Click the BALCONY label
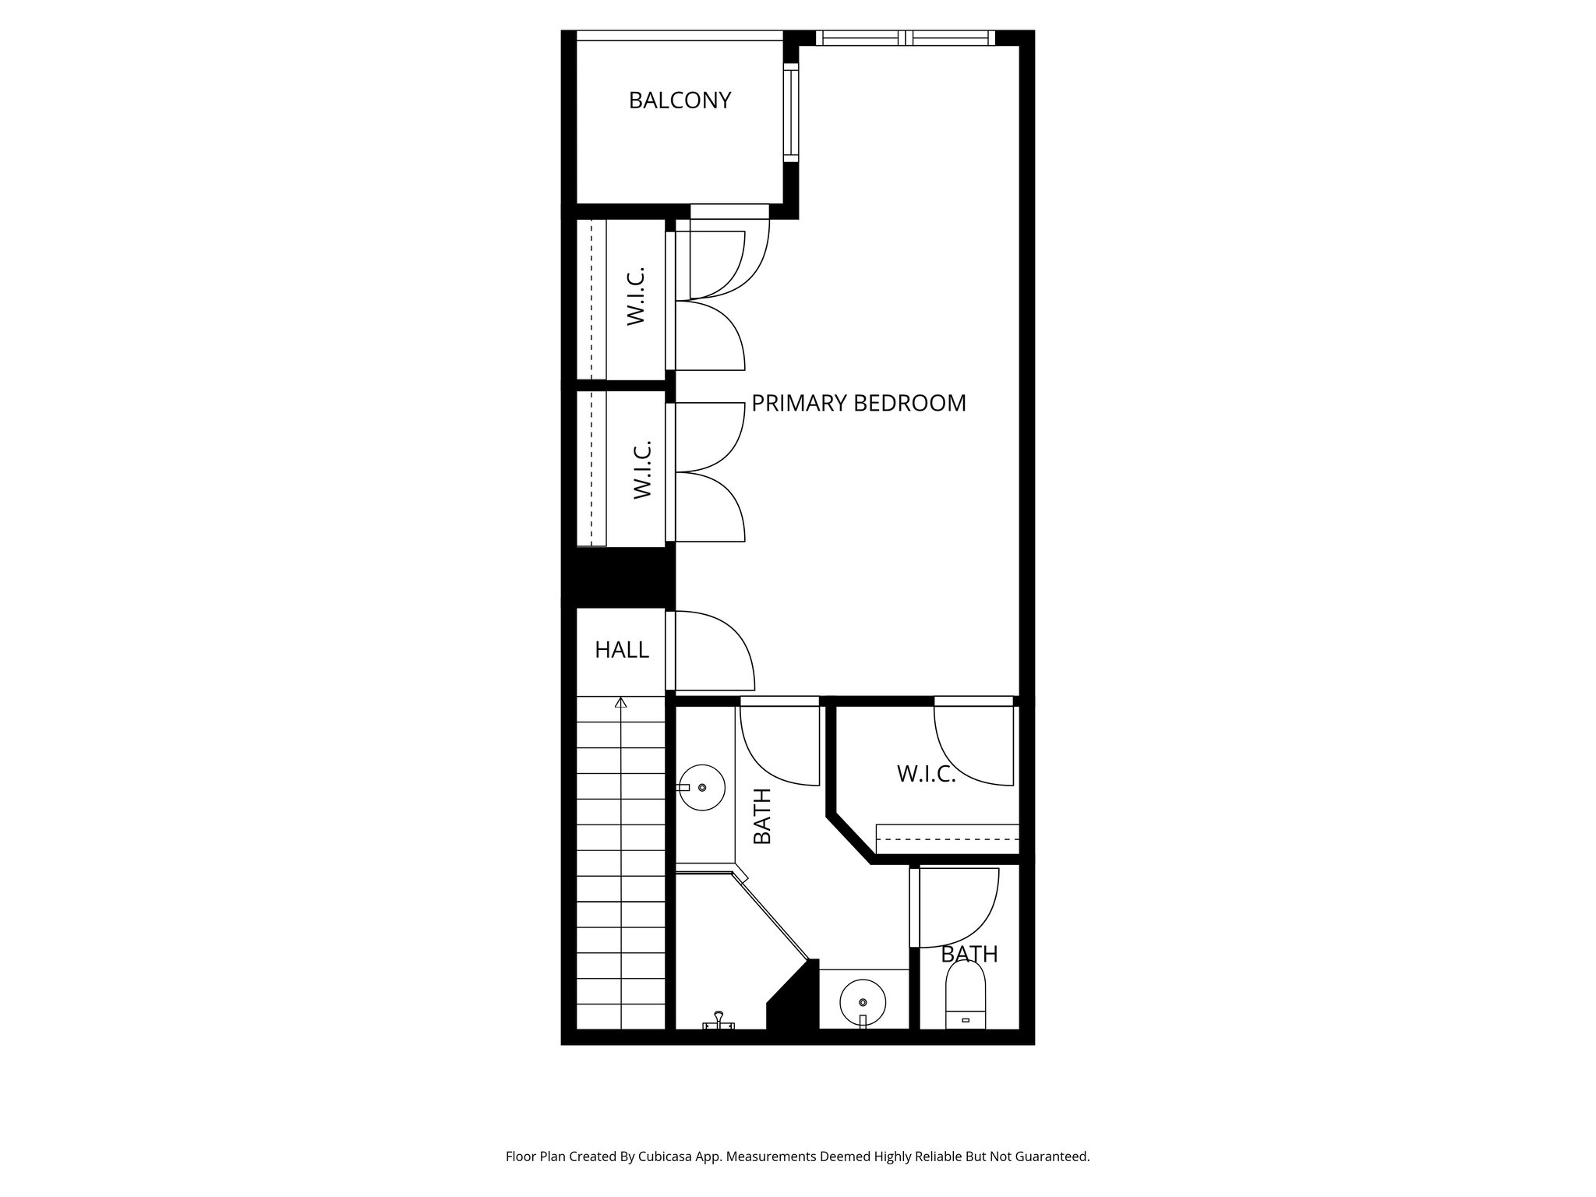pyautogui.click(x=680, y=101)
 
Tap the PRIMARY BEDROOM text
pyautogui.click(x=858, y=404)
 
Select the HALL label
pyautogui.click(x=621, y=650)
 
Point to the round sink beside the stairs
pyautogui.click(x=701, y=788)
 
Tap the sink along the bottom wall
pyautogui.click(x=863, y=1003)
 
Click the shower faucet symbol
pyautogui.click(x=718, y=1020)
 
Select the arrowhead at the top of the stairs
pyautogui.click(x=620, y=703)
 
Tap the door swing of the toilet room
pyautogui.click(x=959, y=908)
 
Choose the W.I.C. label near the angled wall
pyautogui.click(x=926, y=775)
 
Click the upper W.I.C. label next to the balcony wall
pyautogui.click(x=636, y=296)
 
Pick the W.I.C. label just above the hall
pyautogui.click(x=641, y=469)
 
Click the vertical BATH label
pyautogui.click(x=762, y=816)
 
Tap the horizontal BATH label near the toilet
pyautogui.click(x=969, y=955)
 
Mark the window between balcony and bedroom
pyautogui.click(x=791, y=112)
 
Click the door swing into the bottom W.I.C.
pyautogui.click(x=974, y=744)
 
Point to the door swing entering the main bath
pyautogui.click(x=779, y=744)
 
